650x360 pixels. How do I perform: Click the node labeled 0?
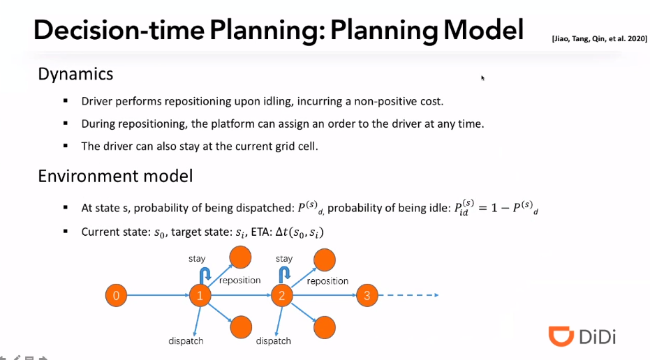pos(116,296)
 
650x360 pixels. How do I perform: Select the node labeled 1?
pos(200,296)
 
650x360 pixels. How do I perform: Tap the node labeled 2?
pos(282,296)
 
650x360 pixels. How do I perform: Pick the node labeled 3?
pos(367,296)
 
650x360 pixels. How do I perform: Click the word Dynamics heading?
pos(75,73)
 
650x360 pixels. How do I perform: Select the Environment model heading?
pos(115,176)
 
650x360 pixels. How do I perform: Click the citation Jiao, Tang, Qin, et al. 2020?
pos(598,40)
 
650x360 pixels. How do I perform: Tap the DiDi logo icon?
pos(561,336)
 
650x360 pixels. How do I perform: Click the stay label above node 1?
pos(197,259)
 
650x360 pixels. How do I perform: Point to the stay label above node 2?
pos(284,259)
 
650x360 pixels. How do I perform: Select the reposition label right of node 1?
pos(239,280)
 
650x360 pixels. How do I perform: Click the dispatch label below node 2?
pos(273,341)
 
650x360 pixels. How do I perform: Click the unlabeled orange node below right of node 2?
pos(324,327)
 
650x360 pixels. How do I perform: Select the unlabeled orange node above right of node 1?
pos(242,258)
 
